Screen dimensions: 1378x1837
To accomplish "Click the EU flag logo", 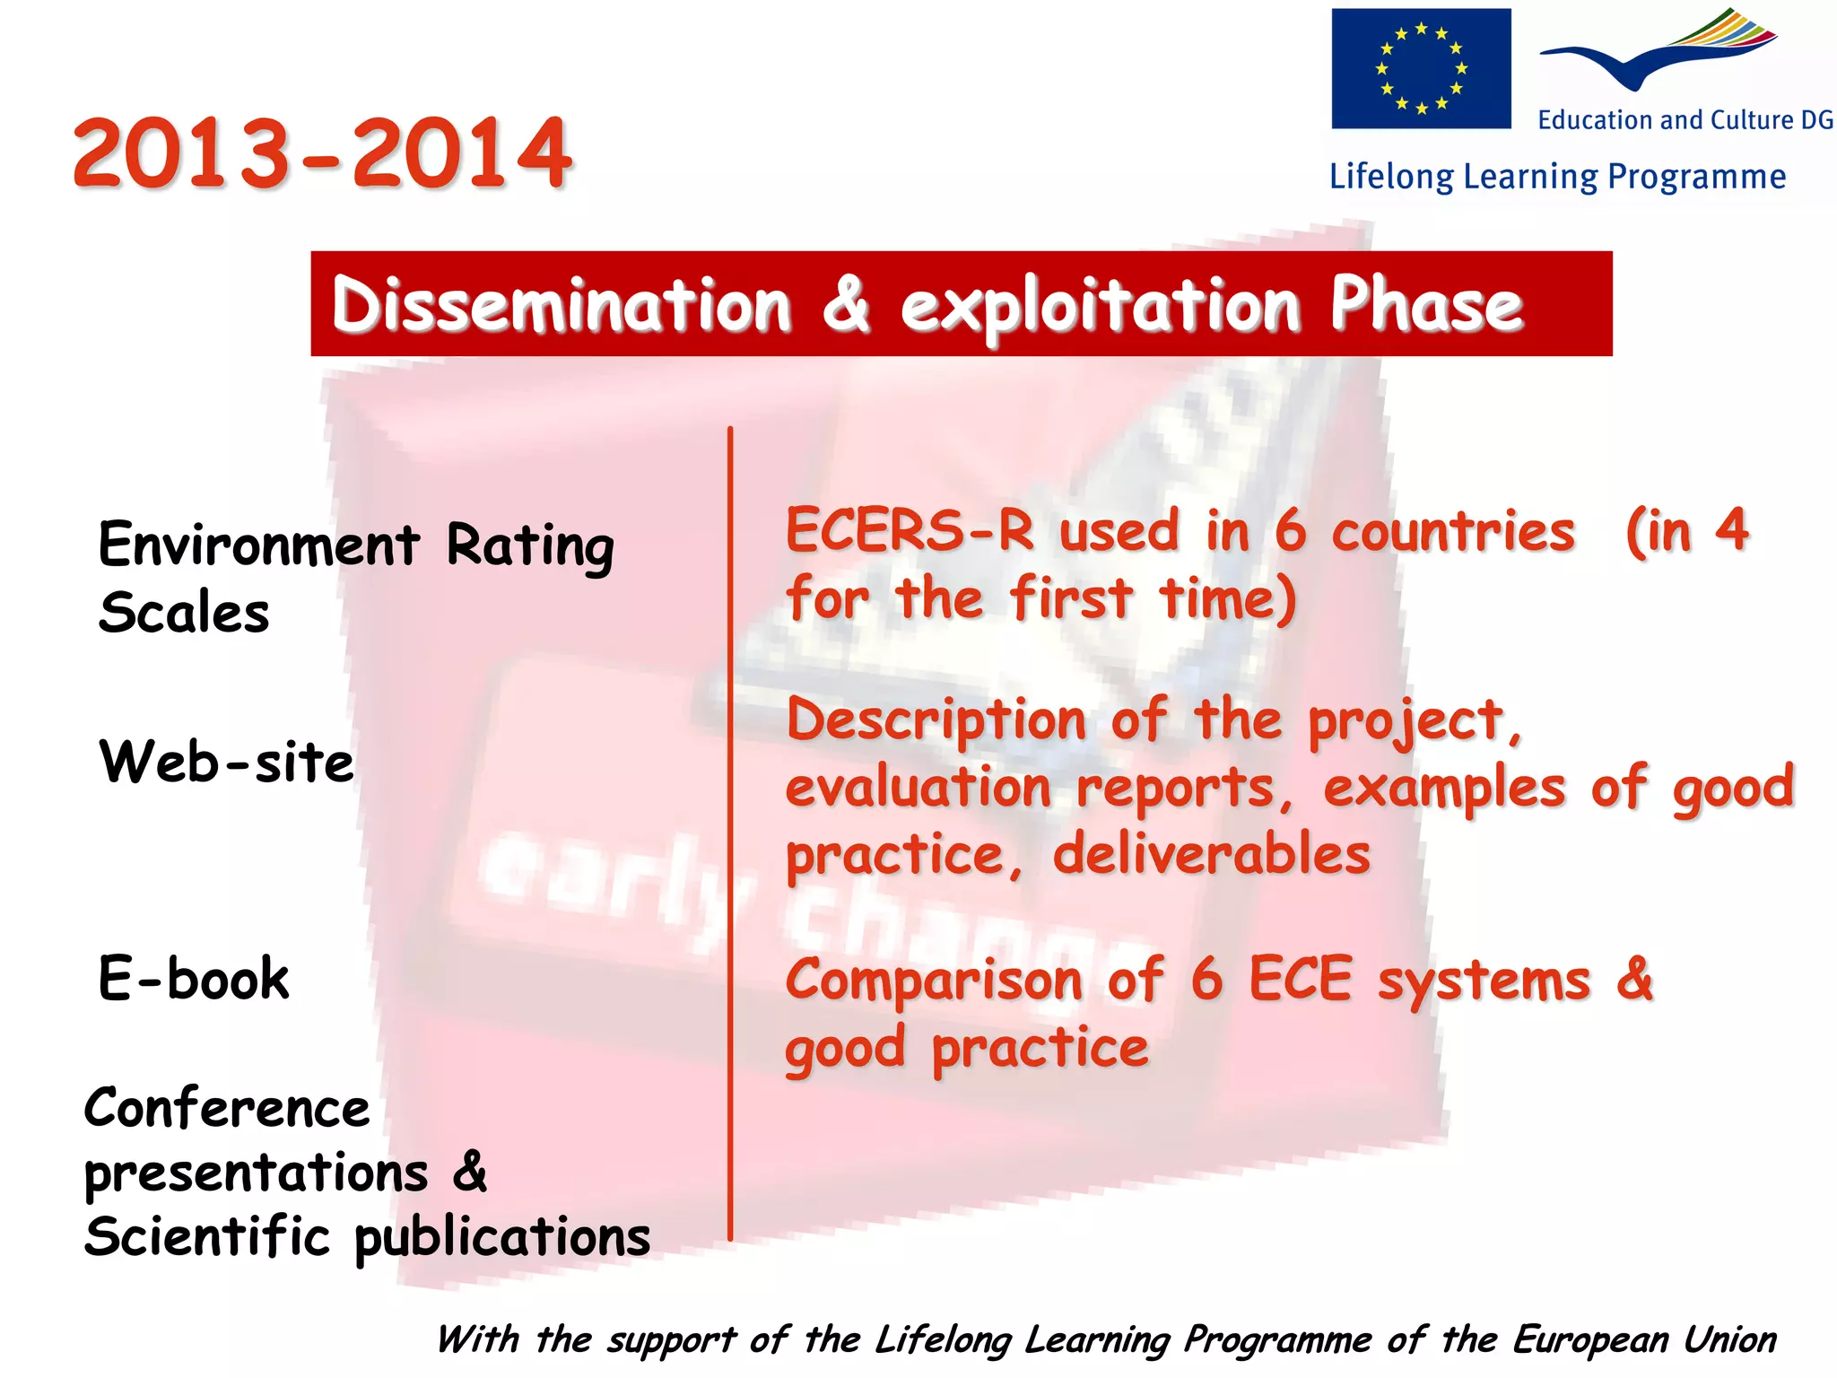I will pyautogui.click(x=1420, y=68).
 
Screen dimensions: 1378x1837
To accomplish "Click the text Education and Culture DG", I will pyautogui.click(x=1685, y=120).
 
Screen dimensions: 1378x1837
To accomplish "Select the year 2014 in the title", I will pyautogui.click(x=461, y=153).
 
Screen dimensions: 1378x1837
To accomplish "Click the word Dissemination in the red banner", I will pyautogui.click(x=562, y=305).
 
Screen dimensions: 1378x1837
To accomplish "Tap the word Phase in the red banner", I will pyautogui.click(x=1426, y=305).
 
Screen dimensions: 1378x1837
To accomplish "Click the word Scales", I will pyautogui.click(x=184, y=613).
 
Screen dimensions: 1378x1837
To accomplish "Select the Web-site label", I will pyautogui.click(x=226, y=763).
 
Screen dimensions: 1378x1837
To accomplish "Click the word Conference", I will pyautogui.click(x=226, y=1109).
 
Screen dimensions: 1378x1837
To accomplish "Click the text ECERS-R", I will pyautogui.click(x=910, y=530).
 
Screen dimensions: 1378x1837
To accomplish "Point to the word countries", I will pyautogui.click(x=1453, y=532).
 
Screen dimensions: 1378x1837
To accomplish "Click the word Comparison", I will pyautogui.click(x=934, y=980).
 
